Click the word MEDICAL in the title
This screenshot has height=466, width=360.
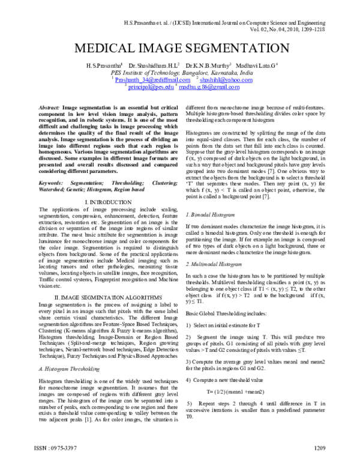click(103, 49)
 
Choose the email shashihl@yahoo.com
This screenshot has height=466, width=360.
click(226, 79)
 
